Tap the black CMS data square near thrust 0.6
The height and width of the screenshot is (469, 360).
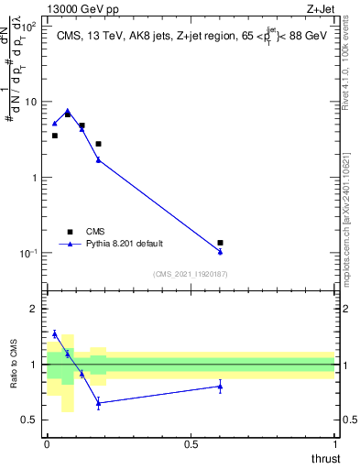pyautogui.click(x=220, y=243)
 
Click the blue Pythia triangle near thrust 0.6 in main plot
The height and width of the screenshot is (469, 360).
pyautogui.click(x=220, y=252)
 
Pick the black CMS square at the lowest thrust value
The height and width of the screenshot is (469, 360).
pyautogui.click(x=54, y=136)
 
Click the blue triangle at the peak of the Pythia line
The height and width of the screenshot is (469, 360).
pyautogui.click(x=68, y=111)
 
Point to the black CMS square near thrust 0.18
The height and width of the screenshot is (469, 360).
pyautogui.click(x=98, y=144)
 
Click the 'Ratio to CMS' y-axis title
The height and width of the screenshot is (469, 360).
pyautogui.click(x=14, y=365)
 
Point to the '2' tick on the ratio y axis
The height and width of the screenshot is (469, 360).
pyautogui.click(x=35, y=309)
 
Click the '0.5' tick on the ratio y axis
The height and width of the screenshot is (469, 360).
pyautogui.click(x=31, y=420)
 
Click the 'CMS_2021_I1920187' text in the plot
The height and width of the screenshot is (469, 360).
pyautogui.click(x=190, y=274)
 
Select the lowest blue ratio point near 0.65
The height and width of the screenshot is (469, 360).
pyautogui.click(x=98, y=403)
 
